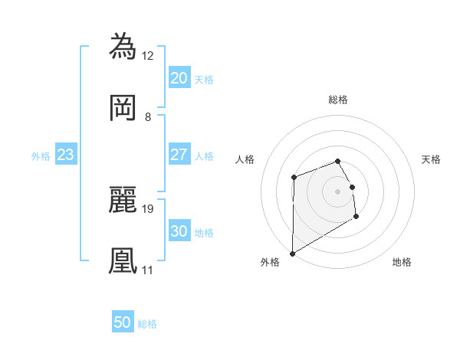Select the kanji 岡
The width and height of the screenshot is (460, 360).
click(x=123, y=108)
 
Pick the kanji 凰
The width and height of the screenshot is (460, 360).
click(x=123, y=260)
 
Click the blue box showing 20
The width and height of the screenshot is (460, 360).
click(x=179, y=78)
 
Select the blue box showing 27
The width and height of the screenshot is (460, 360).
click(x=179, y=155)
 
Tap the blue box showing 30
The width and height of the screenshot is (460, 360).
click(x=179, y=231)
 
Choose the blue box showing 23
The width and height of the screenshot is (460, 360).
click(x=66, y=155)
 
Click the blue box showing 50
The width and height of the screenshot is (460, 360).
click(x=123, y=322)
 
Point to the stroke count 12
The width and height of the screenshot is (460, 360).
click(x=148, y=55)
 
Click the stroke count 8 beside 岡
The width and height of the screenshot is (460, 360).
click(x=147, y=117)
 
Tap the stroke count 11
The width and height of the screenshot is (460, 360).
click(x=148, y=270)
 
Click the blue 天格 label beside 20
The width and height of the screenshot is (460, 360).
click(x=204, y=79)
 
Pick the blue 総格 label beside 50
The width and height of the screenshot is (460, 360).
click(x=147, y=324)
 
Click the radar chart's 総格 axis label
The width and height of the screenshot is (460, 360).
click(x=338, y=100)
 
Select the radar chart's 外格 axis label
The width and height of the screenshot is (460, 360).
click(x=270, y=262)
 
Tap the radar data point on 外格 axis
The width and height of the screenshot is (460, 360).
click(x=292, y=254)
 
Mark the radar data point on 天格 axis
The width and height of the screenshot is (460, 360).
click(x=352, y=187)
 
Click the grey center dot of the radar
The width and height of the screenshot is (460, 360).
click(x=338, y=191)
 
